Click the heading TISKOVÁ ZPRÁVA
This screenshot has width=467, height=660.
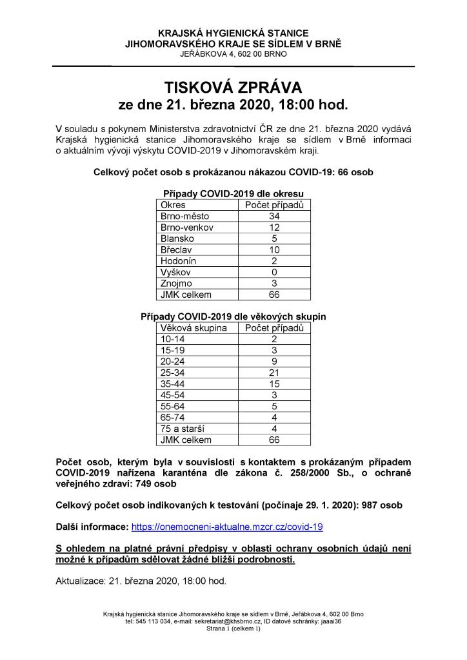point(233,87)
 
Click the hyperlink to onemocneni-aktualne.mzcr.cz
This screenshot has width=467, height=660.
point(226,527)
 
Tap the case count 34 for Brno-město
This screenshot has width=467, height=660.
point(273,217)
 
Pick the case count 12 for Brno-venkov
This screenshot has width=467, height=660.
point(273,228)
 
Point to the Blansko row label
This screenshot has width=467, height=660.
point(176,238)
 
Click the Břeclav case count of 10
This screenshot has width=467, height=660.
point(273,249)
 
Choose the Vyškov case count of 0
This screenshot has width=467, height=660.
point(273,272)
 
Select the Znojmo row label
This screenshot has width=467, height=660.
point(175,283)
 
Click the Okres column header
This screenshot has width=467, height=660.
point(172,205)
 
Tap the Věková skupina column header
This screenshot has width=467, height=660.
point(193,328)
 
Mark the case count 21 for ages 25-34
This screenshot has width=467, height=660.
point(273,373)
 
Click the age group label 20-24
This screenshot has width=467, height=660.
point(172,362)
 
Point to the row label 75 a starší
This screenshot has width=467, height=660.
point(183,429)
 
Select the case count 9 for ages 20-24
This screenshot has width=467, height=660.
point(273,362)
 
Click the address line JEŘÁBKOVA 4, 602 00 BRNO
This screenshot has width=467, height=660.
point(233,54)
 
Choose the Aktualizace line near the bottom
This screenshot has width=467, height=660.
point(141,581)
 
